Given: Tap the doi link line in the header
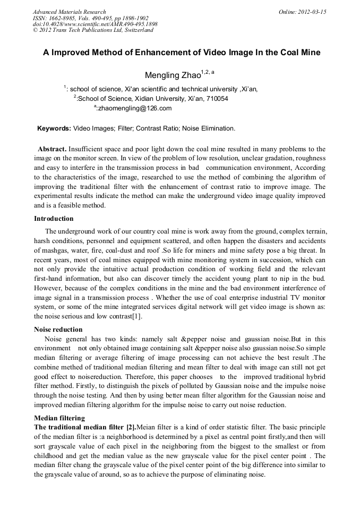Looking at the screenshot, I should [x=95, y=24].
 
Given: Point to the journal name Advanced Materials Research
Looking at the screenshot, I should [x=69, y=11].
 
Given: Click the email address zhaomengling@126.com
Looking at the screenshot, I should [x=135, y=108].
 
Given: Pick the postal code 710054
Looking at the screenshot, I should [x=216, y=99].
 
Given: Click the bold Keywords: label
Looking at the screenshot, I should [x=54, y=128].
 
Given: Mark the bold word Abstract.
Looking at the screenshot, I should [x=52, y=149].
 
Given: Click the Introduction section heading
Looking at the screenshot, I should [x=54, y=219].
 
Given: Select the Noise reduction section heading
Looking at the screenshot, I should [x=58, y=330].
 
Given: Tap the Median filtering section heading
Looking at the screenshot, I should [x=59, y=418].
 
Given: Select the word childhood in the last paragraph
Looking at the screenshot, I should [x=52, y=456].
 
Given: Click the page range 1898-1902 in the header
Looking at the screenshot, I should [x=133, y=18].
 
